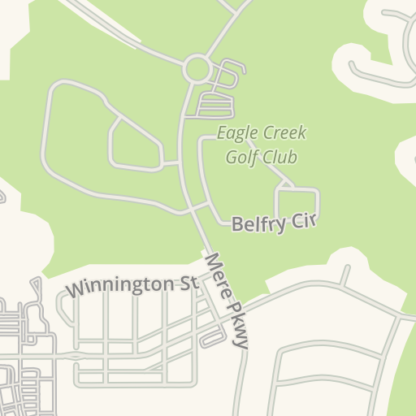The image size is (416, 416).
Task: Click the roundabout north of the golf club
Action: coord(197,69)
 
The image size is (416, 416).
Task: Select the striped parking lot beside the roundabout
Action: coord(214,104)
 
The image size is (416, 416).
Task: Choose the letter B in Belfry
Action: coord(238,224)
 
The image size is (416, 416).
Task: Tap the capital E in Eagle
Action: coord(221,134)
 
